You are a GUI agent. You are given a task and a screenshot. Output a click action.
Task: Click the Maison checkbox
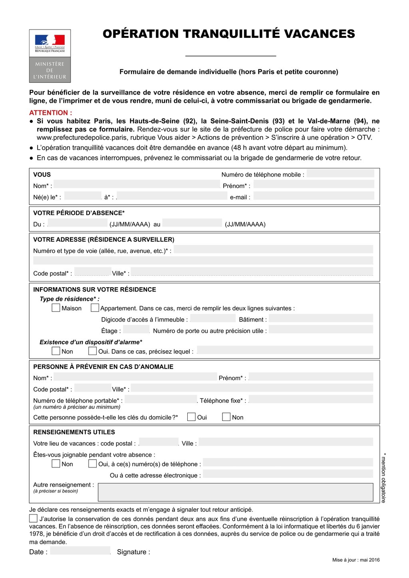[56, 308]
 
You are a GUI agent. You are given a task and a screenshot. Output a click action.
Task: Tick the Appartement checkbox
[95, 308]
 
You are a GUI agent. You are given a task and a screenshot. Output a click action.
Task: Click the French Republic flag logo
[50, 40]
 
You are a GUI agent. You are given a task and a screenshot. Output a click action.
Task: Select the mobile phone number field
[340, 174]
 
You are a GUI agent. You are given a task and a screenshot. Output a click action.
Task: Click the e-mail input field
[314, 196]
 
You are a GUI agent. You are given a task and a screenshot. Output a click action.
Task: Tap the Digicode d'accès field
[213, 319]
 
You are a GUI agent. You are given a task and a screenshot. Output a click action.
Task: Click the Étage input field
[136, 330]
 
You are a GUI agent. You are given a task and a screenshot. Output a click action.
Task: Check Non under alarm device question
[56, 351]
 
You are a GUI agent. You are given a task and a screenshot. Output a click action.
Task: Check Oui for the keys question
[191, 417]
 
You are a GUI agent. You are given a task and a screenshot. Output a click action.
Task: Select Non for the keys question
[226, 417]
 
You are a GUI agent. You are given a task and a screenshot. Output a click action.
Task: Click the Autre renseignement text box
[235, 492]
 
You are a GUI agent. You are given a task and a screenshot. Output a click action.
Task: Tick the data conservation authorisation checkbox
[33, 519]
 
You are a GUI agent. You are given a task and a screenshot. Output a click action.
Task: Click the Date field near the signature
[80, 551]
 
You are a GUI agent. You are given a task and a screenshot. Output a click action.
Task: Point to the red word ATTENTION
[50, 113]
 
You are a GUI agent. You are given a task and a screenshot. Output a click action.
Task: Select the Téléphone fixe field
[311, 399]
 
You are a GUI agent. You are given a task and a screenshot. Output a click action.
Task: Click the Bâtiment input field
[321, 319]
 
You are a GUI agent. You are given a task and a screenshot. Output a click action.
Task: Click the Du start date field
[77, 223]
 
